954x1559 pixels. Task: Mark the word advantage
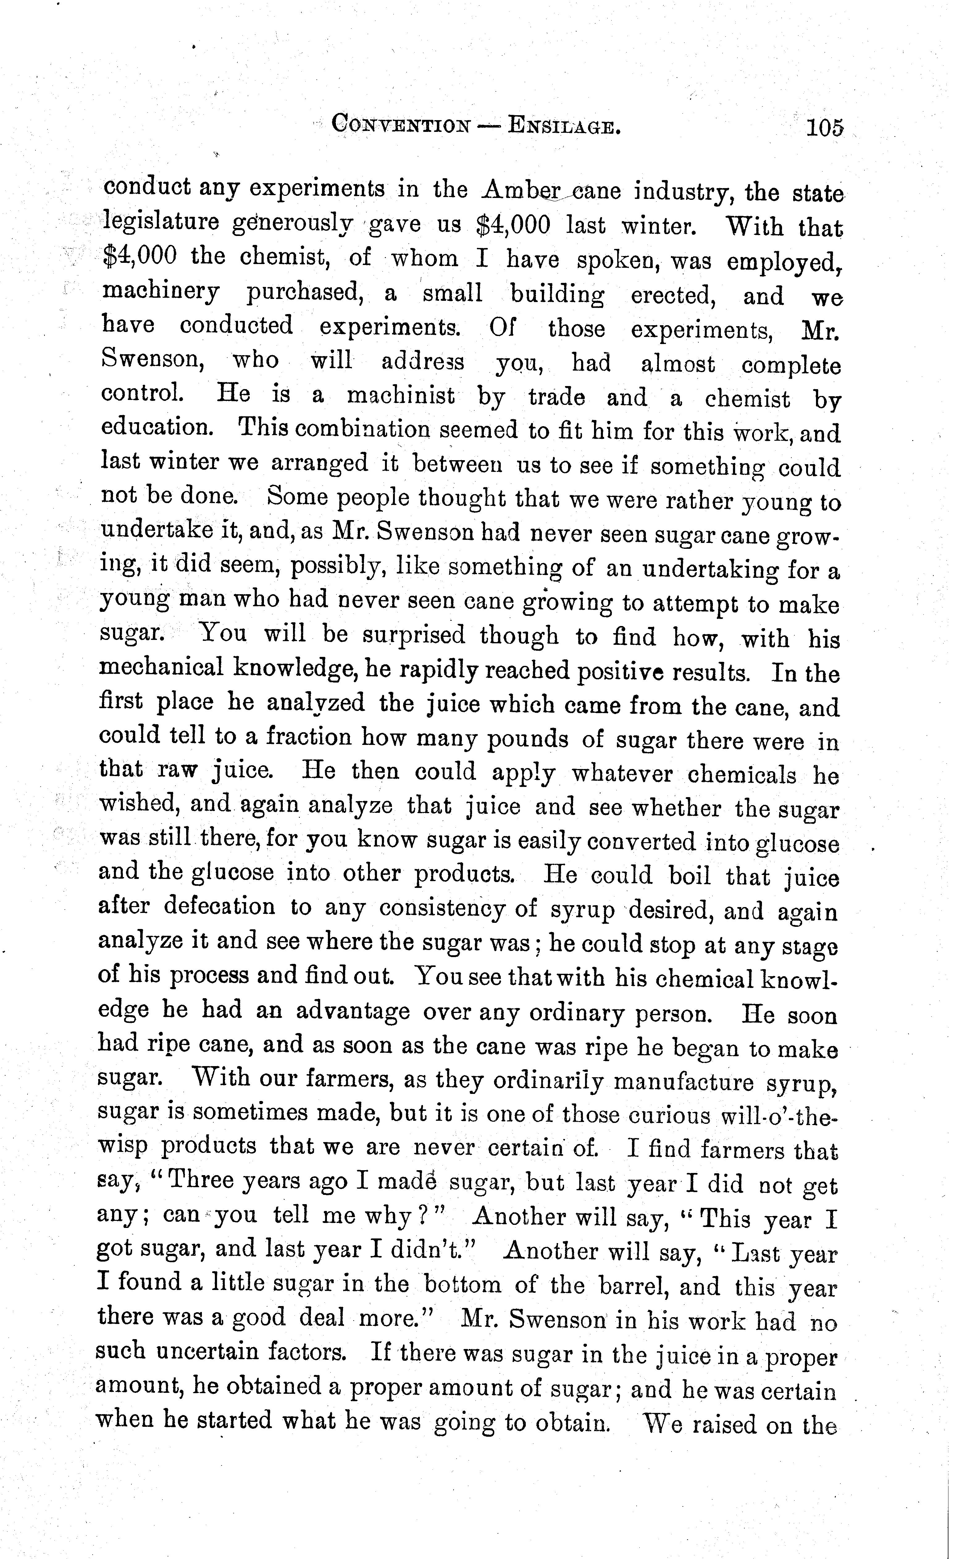pos(352,1011)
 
